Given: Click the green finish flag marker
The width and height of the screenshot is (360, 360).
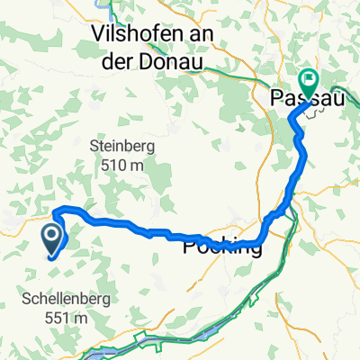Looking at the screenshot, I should tap(308, 83).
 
